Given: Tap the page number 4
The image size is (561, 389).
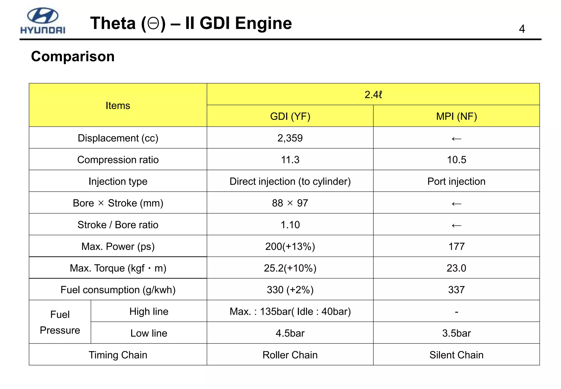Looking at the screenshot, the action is tap(522, 29).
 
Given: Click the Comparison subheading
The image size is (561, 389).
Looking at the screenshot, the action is tap(73, 57).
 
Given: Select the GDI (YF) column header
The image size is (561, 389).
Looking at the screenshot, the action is tap(290, 116).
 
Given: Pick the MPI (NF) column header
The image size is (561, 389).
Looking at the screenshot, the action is tap(456, 116).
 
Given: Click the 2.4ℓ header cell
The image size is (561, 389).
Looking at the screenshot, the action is tap(373, 95).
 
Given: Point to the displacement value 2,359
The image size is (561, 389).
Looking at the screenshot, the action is tap(290, 138).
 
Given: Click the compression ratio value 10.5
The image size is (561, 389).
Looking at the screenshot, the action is tap(456, 160).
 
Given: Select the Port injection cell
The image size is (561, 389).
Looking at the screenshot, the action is tap(456, 181).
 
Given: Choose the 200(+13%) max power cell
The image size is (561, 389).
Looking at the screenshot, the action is tap(290, 246).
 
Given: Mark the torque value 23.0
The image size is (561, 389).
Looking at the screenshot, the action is tap(456, 268).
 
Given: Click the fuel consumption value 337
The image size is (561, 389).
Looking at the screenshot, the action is tap(456, 290).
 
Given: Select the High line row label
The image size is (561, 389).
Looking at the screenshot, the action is tap(149, 311).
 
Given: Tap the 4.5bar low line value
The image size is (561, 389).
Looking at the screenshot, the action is tap(290, 333).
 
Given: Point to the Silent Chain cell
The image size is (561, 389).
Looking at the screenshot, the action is tap(456, 355).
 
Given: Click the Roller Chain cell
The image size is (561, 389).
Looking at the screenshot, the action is tap(290, 355).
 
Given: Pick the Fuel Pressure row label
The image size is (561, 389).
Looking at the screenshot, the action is tap(60, 322).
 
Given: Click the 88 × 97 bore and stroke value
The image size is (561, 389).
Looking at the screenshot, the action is tap(290, 203).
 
